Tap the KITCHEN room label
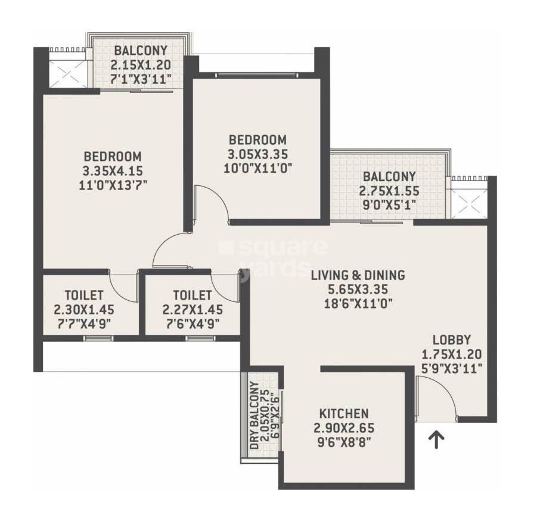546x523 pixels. [x=343, y=413]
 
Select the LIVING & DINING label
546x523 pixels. [x=358, y=275]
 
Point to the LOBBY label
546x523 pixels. [x=452, y=340]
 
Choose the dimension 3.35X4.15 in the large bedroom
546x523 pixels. [x=113, y=170]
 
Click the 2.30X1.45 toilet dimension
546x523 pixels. [x=83, y=310]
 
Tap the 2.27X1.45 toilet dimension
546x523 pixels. [x=193, y=310]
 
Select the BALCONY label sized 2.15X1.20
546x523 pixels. [x=141, y=51]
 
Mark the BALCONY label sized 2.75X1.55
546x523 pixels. [x=389, y=177]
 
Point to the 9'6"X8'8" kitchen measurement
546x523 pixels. [x=343, y=442]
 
